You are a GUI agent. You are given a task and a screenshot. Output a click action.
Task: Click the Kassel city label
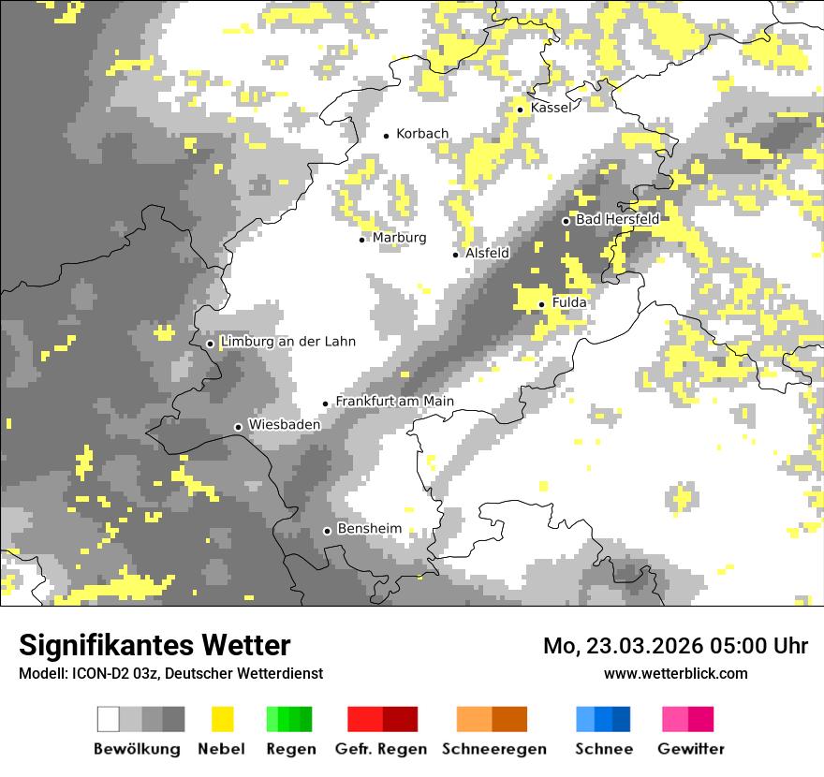click(x=551, y=108)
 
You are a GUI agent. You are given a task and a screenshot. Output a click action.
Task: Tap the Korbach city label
click(x=422, y=134)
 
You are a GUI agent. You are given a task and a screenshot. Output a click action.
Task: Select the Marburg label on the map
click(x=399, y=238)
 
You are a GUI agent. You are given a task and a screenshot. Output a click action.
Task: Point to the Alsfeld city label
click(x=487, y=253)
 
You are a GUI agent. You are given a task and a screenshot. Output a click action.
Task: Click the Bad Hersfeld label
click(x=617, y=219)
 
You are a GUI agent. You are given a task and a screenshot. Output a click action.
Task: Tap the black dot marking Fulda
click(x=542, y=304)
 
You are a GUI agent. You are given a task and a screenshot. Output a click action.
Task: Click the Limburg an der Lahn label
click(x=287, y=342)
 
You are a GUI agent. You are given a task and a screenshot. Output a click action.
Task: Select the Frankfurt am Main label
click(x=394, y=402)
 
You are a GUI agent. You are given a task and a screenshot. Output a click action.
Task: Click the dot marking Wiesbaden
click(x=239, y=427)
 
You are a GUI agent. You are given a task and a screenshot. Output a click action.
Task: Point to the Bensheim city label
click(x=369, y=529)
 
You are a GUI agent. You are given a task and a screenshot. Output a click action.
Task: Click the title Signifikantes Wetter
click(x=154, y=646)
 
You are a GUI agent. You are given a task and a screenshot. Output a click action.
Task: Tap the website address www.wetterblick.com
click(x=675, y=673)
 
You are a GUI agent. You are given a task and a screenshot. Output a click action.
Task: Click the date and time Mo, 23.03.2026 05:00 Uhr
click(x=675, y=646)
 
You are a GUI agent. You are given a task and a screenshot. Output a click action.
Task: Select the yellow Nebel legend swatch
click(x=223, y=719)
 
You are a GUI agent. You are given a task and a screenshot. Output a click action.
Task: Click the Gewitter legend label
click(x=691, y=749)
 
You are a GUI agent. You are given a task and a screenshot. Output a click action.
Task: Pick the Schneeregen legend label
click(x=494, y=749)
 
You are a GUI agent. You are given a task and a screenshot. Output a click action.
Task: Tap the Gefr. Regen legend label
click(x=381, y=749)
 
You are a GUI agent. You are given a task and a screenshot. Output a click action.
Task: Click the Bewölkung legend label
click(x=137, y=749)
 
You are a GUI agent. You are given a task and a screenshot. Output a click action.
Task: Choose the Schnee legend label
click(x=604, y=749)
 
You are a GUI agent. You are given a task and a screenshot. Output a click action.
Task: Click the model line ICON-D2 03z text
click(x=170, y=674)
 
